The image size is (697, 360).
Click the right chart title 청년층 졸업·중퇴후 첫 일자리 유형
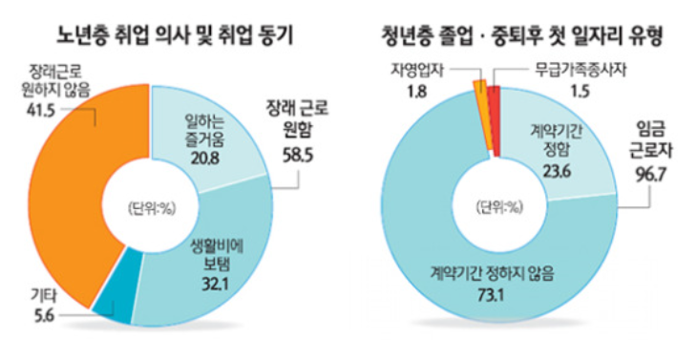pyautogui.click(x=521, y=36)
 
